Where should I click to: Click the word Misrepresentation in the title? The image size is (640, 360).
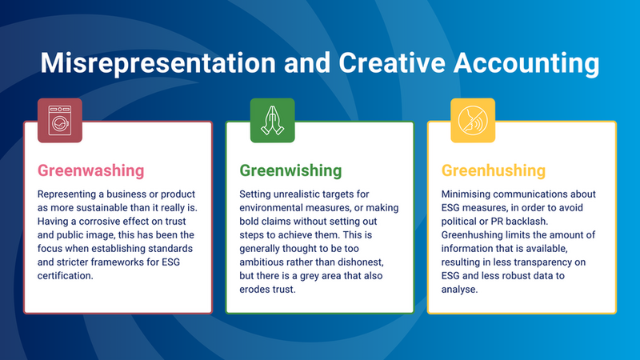click(x=158, y=63)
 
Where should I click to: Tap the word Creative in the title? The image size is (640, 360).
click(x=392, y=62)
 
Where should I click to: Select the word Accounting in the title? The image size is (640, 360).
click(x=526, y=64)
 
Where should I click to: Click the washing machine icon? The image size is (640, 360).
click(x=60, y=121)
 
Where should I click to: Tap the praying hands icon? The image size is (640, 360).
click(x=272, y=121)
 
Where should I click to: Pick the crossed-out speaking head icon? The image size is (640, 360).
click(x=473, y=121)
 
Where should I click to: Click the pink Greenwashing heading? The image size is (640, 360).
click(x=90, y=170)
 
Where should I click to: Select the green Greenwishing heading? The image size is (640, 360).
click(x=290, y=170)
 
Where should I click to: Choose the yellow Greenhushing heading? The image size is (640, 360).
click(x=494, y=170)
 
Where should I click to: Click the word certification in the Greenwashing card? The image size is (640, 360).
click(x=66, y=275)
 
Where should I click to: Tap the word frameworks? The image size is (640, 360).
click(x=117, y=262)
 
